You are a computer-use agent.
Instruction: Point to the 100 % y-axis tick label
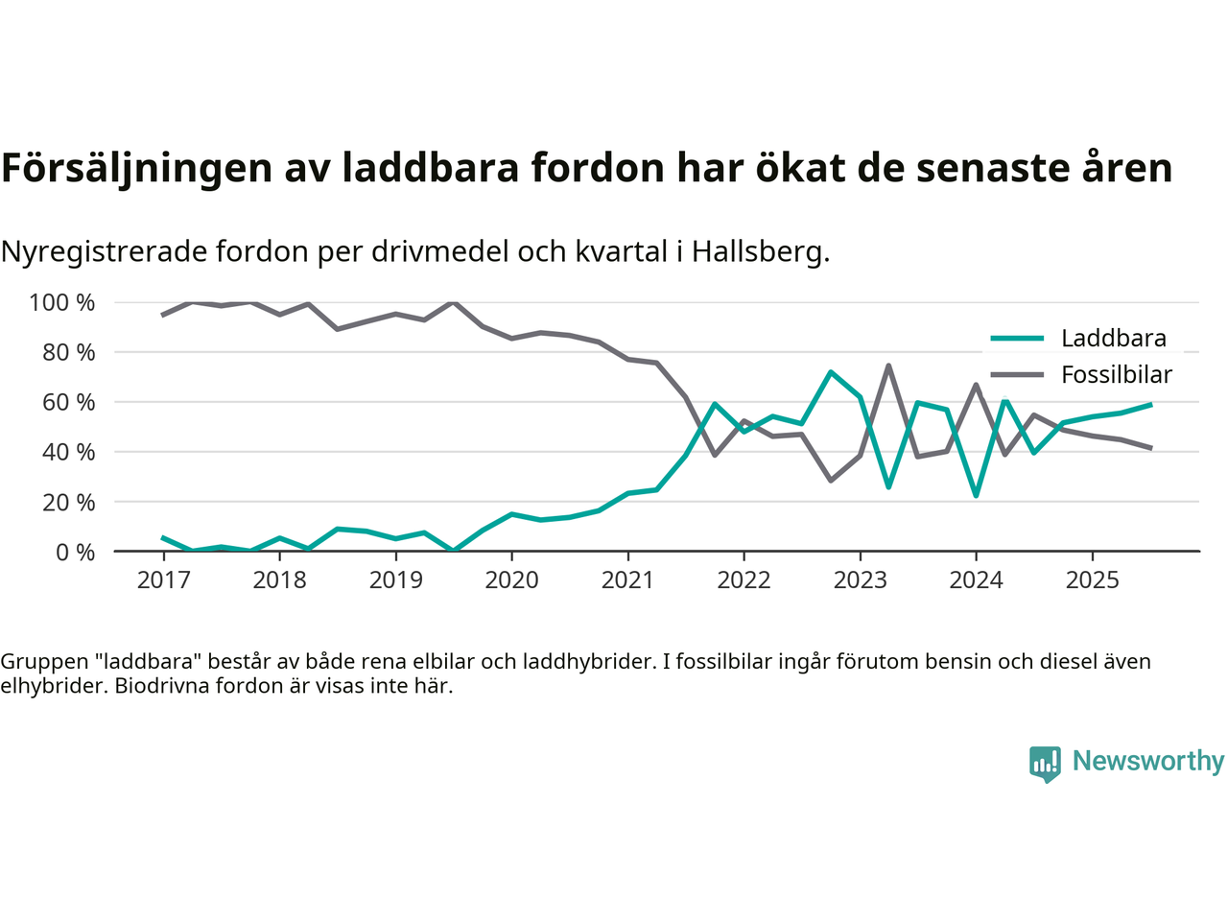62,303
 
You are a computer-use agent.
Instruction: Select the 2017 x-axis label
163,580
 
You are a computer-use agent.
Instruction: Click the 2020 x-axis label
511,580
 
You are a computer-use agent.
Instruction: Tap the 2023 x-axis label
860,580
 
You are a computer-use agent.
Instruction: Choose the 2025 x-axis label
1092,580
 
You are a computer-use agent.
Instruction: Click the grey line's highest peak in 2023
889,366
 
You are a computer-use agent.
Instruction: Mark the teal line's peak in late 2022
831,372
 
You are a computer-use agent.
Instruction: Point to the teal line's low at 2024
976,495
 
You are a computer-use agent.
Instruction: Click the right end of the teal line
1150,405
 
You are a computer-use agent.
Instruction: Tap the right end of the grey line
1150,448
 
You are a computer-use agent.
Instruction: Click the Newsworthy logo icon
1045,764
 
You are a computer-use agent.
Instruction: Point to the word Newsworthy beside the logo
1148,761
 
